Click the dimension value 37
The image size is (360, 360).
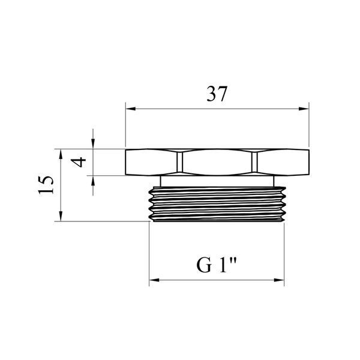tap(217, 94)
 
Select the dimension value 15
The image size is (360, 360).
tap(46, 185)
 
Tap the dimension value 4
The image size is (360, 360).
tap(79, 163)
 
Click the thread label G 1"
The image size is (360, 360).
tap(217, 265)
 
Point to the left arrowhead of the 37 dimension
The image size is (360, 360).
tap(131, 109)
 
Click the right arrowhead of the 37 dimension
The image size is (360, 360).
tap(304, 109)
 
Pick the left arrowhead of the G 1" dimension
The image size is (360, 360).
tap(154, 280)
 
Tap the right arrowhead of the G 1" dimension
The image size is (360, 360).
tap(279, 280)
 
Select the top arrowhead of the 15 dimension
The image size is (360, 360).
tap(61, 154)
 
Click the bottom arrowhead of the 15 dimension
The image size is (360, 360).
tap(61, 216)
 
